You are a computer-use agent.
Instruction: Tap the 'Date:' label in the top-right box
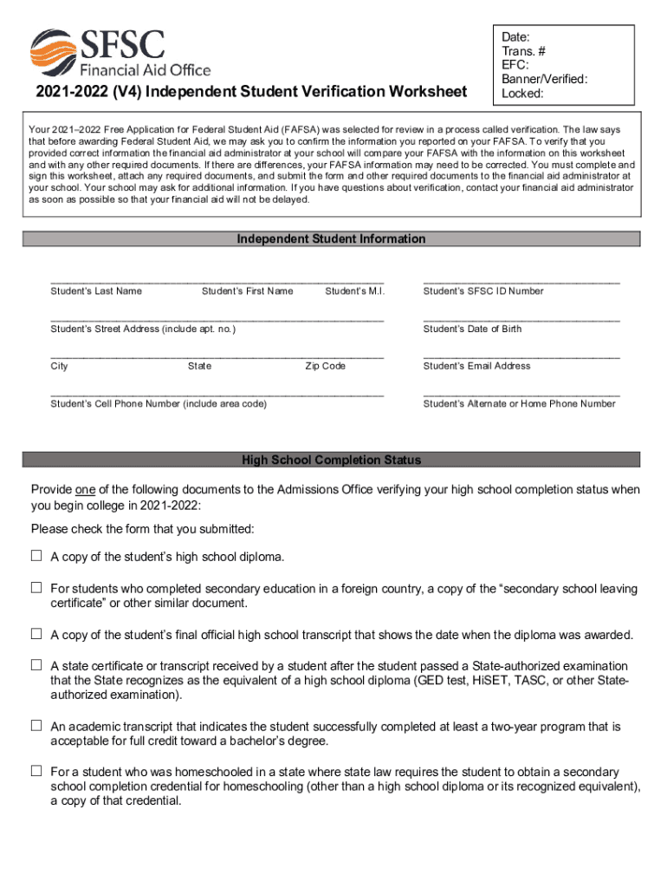point(516,37)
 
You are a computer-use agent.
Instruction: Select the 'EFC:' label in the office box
point(515,65)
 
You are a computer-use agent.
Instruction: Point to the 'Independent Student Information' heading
point(332,238)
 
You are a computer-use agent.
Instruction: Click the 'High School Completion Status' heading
point(332,460)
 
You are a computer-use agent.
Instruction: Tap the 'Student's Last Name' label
point(96,291)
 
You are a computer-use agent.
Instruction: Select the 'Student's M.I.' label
point(354,291)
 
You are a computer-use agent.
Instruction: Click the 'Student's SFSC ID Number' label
point(483,291)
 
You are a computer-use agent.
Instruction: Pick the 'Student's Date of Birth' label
point(472,329)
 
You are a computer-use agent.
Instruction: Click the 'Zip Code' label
point(325,366)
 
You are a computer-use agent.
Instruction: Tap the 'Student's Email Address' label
point(476,366)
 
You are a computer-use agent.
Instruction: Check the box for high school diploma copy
point(36,555)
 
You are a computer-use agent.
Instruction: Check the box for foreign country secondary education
point(36,588)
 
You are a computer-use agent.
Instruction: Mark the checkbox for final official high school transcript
point(36,634)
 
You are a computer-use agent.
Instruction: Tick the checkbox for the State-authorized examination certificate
point(36,665)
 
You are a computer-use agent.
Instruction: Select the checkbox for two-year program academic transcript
point(36,725)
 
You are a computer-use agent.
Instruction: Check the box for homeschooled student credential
point(36,771)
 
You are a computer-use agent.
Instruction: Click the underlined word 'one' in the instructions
point(86,490)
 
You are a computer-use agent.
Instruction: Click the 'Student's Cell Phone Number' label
point(159,404)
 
